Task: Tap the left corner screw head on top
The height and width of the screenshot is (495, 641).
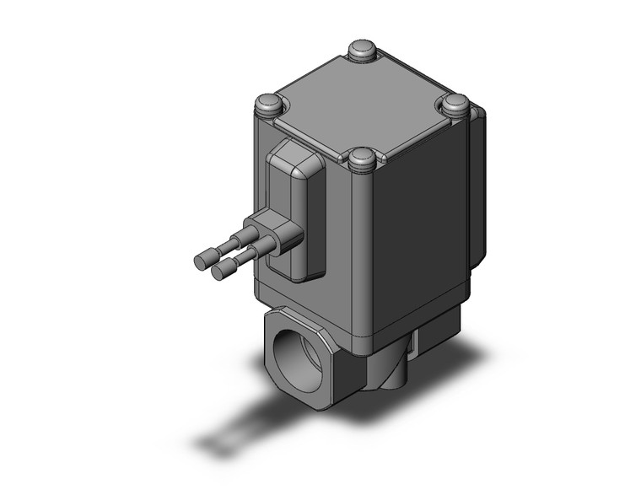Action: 268,105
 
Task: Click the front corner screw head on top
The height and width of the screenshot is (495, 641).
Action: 362,157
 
